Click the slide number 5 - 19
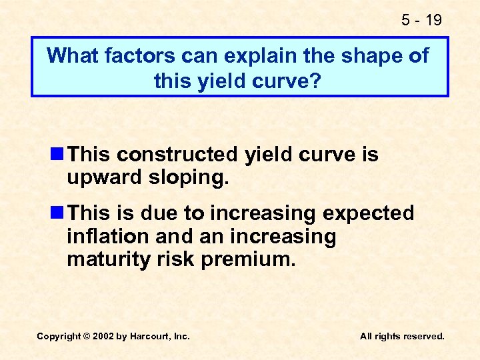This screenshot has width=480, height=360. click(x=421, y=20)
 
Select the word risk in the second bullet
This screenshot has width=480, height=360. click(x=173, y=259)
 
